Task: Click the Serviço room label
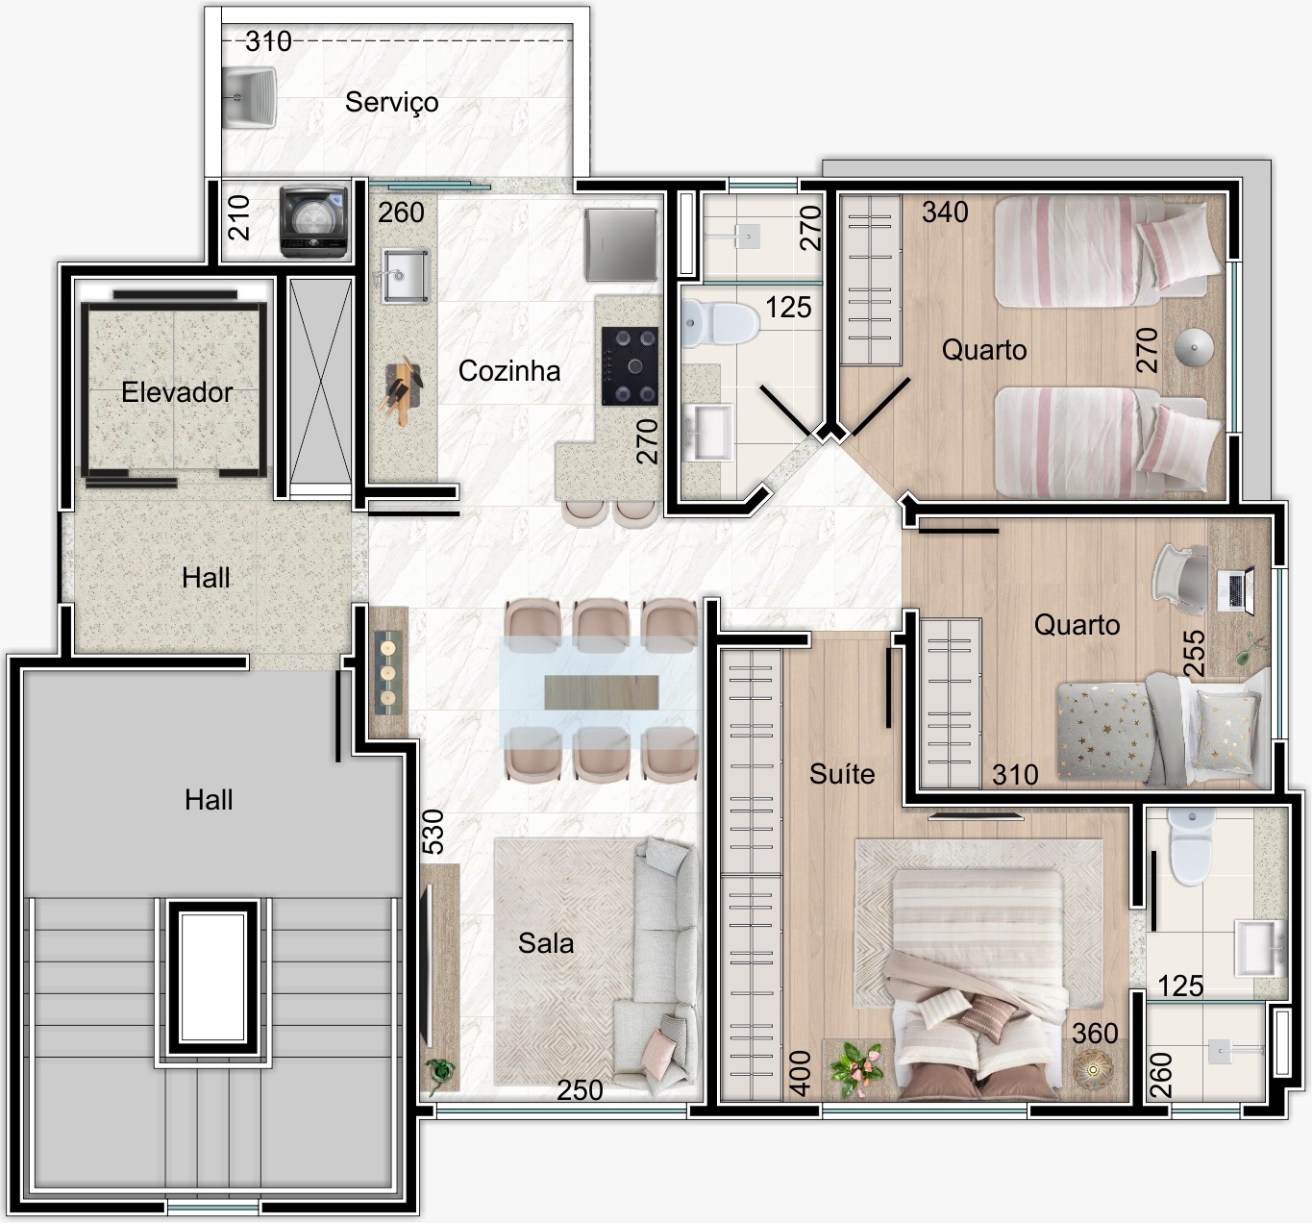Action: (392, 103)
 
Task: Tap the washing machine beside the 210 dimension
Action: (313, 221)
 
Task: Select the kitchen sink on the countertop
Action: (405, 276)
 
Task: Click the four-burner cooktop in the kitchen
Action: (630, 365)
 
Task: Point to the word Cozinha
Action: (509, 371)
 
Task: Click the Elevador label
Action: (177, 392)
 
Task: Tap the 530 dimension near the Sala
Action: (433, 832)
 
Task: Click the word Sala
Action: (546, 943)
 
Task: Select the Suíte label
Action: (842, 773)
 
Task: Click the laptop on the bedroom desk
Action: (1236, 590)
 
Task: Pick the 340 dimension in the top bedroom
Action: (946, 212)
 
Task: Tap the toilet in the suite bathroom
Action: (1191, 847)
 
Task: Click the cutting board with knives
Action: (401, 390)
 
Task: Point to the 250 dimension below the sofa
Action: (580, 1090)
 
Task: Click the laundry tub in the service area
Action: (248, 98)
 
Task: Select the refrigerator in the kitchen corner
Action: (620, 245)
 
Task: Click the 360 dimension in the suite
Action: (1096, 1034)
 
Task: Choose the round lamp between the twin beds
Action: (1195, 347)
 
